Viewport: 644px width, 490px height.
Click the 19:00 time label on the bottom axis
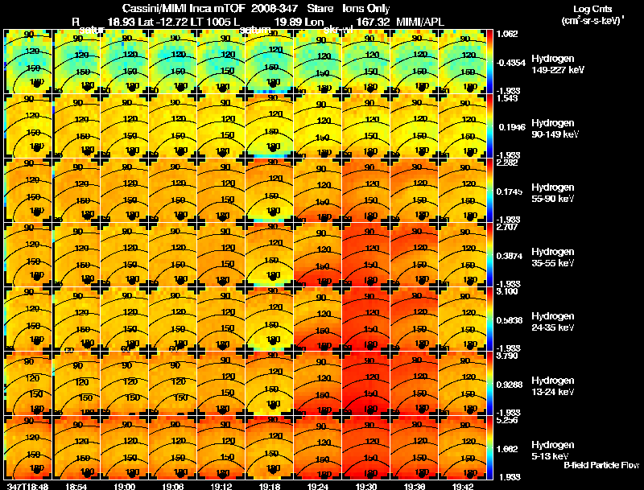click(x=125, y=486)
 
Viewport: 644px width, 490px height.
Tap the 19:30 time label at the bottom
click(x=366, y=486)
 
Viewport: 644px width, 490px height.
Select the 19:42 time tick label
click(x=463, y=486)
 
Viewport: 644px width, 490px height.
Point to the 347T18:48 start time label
click(x=27, y=486)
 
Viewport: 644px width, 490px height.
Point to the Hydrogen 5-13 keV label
click(x=552, y=449)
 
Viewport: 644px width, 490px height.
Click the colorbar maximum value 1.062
click(x=509, y=34)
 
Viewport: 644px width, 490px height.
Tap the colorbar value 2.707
click(x=509, y=228)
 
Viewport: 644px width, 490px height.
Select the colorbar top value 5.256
click(x=509, y=420)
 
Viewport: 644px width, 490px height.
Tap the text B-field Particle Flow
click(x=601, y=465)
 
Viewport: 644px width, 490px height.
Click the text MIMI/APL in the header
click(x=418, y=19)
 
